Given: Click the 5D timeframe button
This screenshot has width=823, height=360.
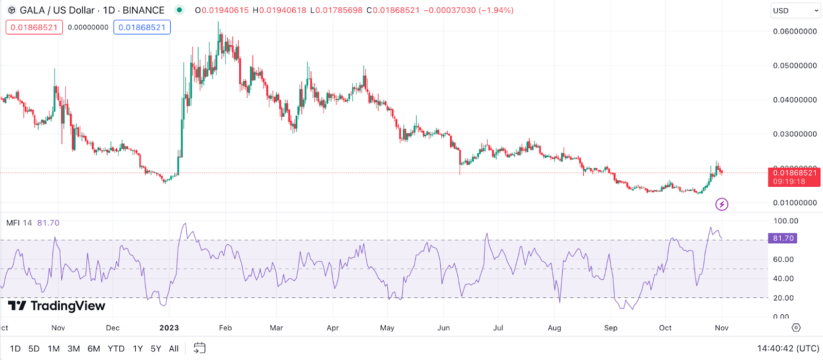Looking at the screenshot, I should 34,349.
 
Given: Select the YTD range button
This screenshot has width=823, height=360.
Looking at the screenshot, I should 116,349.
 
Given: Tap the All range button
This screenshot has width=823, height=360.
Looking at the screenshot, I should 174,349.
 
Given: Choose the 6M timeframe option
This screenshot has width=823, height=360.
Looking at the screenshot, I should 94,349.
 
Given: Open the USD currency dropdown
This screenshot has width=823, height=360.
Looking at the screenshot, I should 795,10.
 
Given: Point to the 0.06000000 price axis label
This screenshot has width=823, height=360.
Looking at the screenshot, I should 795,31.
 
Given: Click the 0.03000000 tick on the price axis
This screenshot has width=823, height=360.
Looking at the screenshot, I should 795,134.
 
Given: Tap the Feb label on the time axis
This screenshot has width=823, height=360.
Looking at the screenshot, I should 225,328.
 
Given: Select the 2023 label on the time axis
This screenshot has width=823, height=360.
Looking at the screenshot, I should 169,328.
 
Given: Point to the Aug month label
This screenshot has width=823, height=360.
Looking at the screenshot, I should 554,328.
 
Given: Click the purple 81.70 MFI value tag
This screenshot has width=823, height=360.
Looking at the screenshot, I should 783,238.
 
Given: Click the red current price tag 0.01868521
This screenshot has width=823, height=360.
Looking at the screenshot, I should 794,173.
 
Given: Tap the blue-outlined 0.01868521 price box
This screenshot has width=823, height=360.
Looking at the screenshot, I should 142,27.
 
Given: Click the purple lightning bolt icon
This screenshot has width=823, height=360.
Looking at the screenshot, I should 722,204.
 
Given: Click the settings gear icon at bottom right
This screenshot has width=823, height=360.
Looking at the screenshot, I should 796,328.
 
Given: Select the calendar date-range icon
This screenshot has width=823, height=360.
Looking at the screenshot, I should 199,348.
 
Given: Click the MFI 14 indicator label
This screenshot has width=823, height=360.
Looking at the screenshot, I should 19,223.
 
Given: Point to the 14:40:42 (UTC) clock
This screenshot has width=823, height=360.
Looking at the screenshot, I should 788,349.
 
